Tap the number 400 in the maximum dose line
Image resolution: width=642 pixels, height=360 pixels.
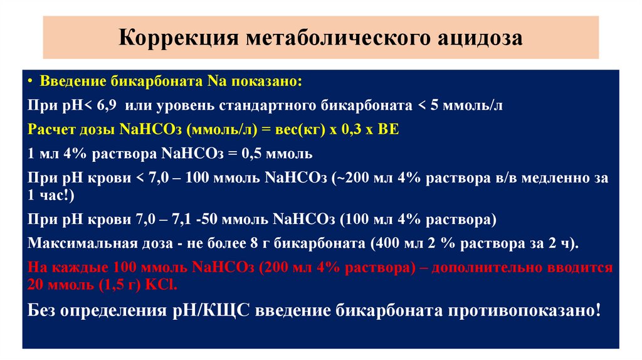point(386,243)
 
